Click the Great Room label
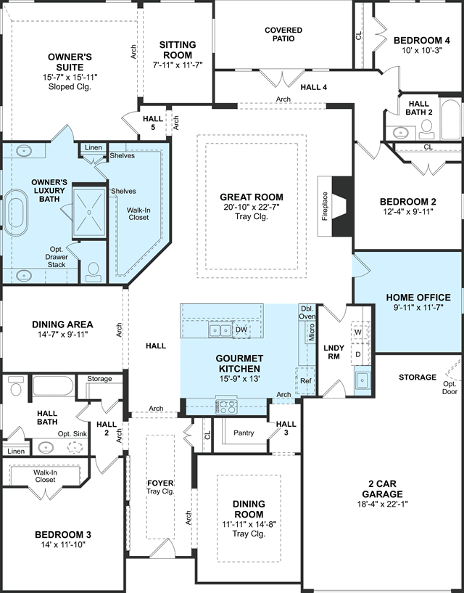pos(252,197)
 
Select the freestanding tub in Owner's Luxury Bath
pos(16,213)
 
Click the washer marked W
pos(358,332)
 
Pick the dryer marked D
pos(358,355)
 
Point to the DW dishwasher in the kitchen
pos(241,330)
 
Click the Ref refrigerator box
pos(305,381)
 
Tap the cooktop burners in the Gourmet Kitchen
pos(226,406)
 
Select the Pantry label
pos(244,433)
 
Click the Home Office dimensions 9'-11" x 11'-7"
pos(418,307)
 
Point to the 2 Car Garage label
pos(382,488)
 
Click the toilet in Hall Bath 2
pos(427,128)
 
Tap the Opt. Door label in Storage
pos(449,388)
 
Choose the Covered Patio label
pos(283,34)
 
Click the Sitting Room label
pos(178,50)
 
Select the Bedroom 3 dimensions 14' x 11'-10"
pos(63,544)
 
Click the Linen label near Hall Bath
pos(16,451)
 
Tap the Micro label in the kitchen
pos(311,332)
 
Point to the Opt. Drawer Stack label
pos(57,257)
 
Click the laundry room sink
pos(362,378)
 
